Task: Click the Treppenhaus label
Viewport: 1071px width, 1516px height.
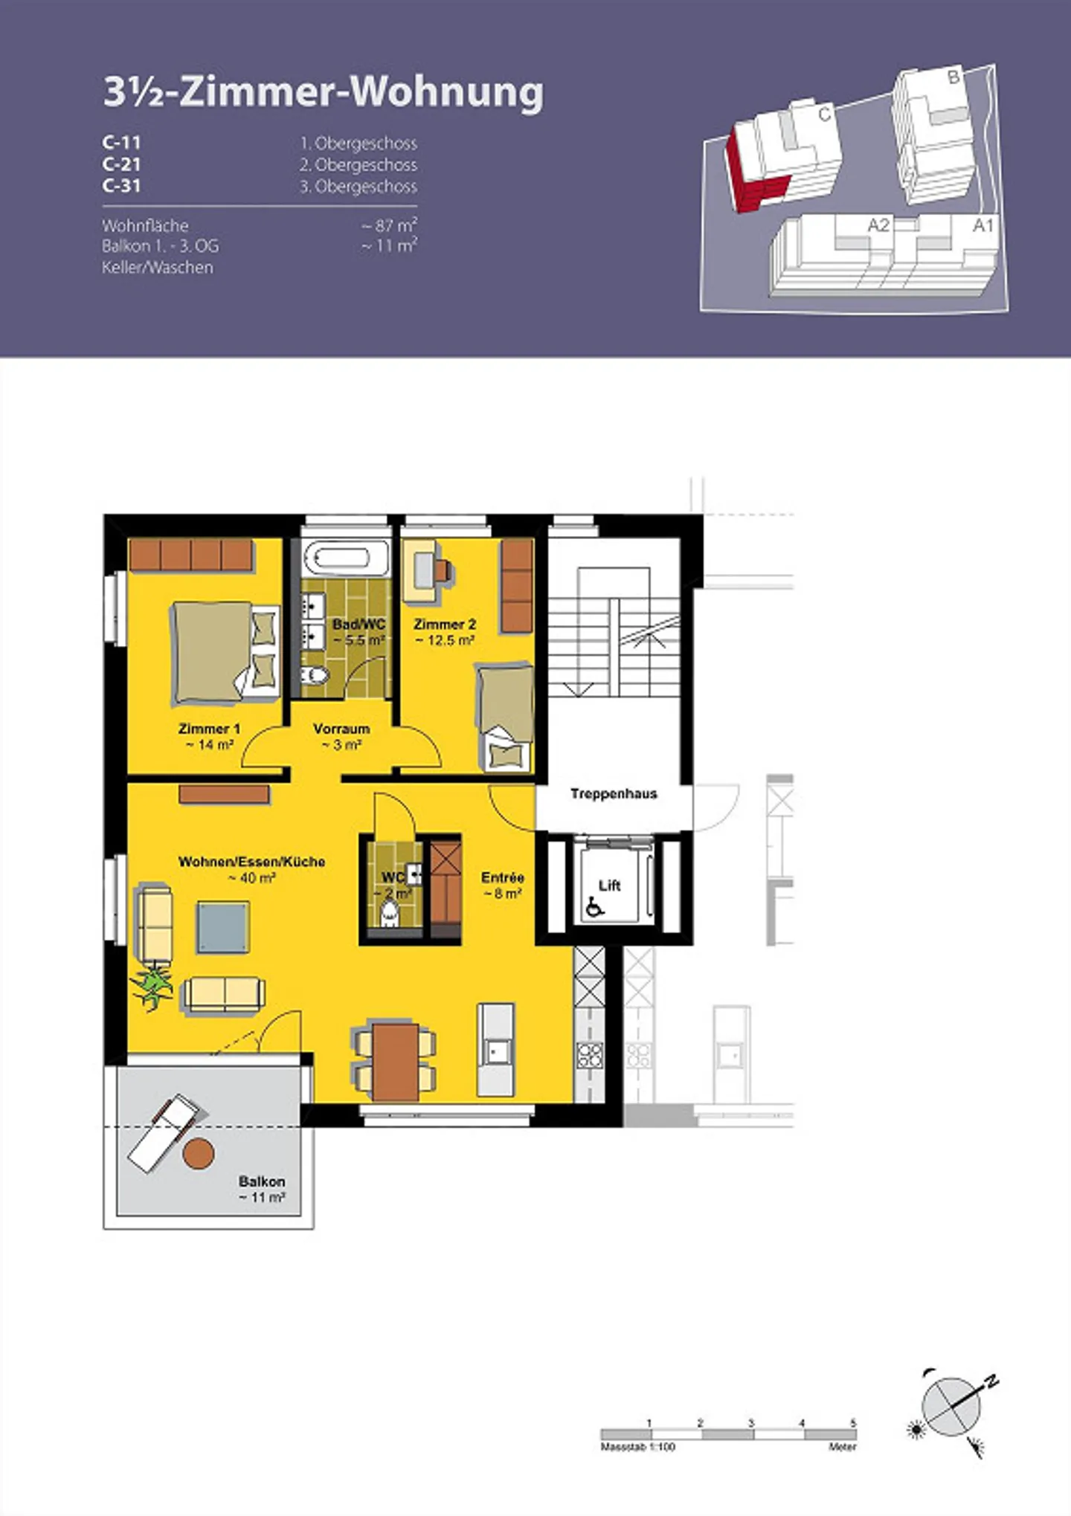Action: click(x=614, y=793)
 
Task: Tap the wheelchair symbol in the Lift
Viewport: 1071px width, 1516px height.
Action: click(x=595, y=906)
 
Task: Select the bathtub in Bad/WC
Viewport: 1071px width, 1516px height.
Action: click(x=347, y=558)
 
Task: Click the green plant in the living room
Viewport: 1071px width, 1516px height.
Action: click(x=152, y=984)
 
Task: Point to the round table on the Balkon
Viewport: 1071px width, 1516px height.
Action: click(x=199, y=1152)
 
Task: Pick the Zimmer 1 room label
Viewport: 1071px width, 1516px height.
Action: click(x=209, y=736)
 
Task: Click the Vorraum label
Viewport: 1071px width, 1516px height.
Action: click(x=341, y=736)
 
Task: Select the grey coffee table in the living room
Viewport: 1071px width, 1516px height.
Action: click(x=223, y=927)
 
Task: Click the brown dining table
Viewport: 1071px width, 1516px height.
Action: click(x=396, y=1062)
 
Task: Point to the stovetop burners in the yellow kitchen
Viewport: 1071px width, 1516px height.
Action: click(x=590, y=1055)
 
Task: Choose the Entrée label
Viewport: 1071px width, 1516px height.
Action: click(x=503, y=885)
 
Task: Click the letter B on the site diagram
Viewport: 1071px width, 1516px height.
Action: click(x=953, y=75)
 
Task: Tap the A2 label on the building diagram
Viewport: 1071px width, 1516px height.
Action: click(x=878, y=225)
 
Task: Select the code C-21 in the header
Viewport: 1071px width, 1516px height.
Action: click(x=121, y=164)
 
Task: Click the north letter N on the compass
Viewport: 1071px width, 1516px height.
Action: click(x=991, y=1381)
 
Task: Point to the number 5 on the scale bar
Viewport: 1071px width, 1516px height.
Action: click(x=853, y=1422)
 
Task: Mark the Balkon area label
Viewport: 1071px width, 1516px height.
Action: click(x=262, y=1189)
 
